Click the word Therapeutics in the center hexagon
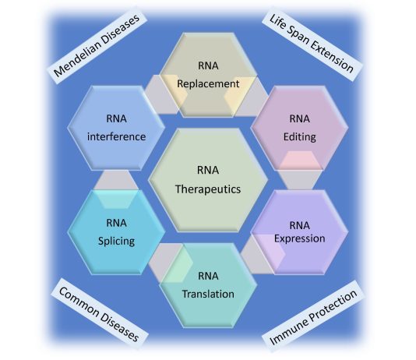(x=208, y=189)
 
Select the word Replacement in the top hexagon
(x=208, y=84)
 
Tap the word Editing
(x=300, y=137)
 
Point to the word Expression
(x=300, y=238)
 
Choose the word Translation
(x=208, y=294)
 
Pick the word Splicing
(x=117, y=242)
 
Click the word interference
(x=117, y=137)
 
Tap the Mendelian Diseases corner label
(x=97, y=46)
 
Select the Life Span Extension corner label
(x=312, y=44)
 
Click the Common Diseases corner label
(x=99, y=314)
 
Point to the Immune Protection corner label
(x=313, y=317)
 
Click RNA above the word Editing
(x=299, y=119)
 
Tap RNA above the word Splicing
(x=117, y=223)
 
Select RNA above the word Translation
(x=208, y=276)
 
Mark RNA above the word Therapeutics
(x=208, y=171)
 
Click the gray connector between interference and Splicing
(x=116, y=180)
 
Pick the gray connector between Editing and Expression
(x=300, y=180)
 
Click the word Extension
(x=332, y=56)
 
